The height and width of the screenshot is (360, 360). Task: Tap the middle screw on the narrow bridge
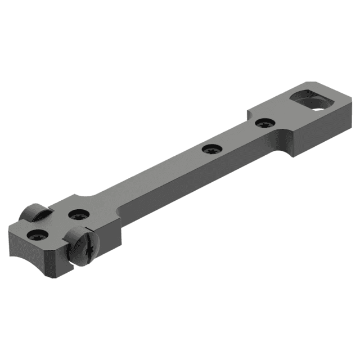click(212, 149)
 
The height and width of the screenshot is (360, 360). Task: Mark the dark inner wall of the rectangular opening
click(301, 96)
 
